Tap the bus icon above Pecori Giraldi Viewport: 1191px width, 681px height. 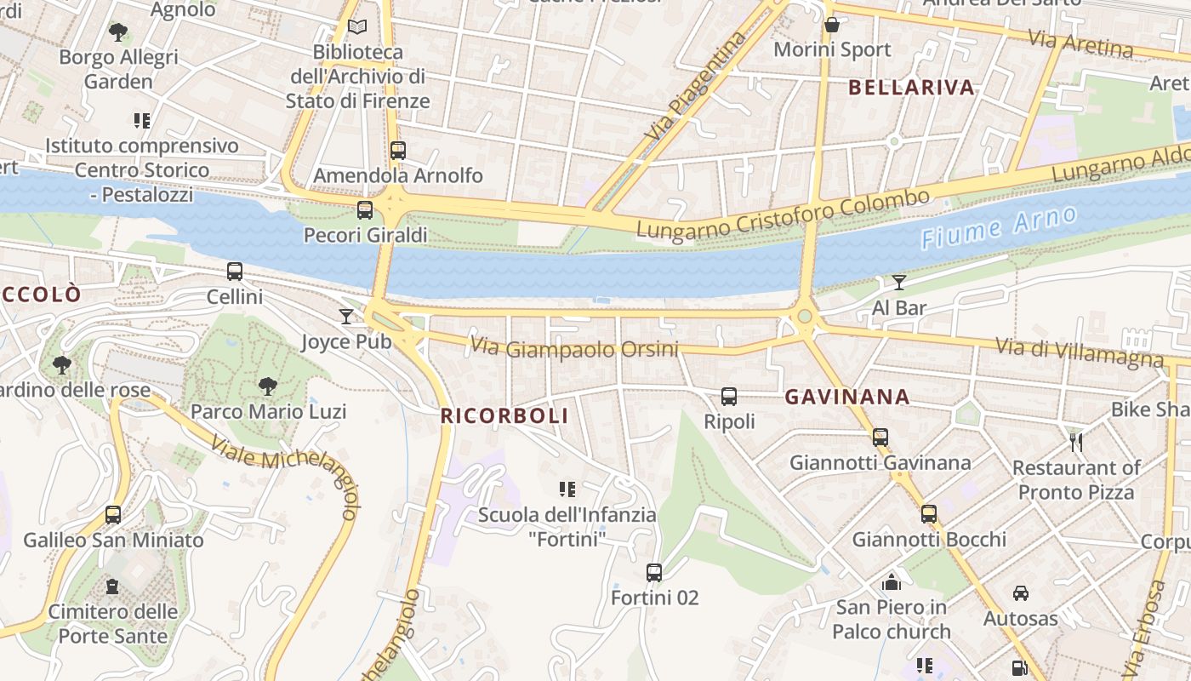tap(365, 209)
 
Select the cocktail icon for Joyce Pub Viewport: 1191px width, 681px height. tap(345, 317)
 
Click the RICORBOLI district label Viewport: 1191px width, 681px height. tap(504, 416)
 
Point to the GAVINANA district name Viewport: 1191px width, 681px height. tap(847, 397)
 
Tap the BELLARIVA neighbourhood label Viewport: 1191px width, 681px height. tap(911, 87)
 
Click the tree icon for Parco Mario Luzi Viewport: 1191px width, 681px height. tap(268, 386)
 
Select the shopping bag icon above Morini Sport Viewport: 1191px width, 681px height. tap(831, 25)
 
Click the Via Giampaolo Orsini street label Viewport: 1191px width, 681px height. tap(574, 348)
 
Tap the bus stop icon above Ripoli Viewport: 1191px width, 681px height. tap(729, 396)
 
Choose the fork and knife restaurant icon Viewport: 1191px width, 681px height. tap(1076, 442)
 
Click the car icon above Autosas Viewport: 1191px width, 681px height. tap(1020, 593)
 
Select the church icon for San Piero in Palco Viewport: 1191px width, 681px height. tap(892, 582)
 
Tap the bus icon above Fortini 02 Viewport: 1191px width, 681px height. tap(653, 573)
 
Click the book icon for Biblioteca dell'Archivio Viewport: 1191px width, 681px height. tap(357, 27)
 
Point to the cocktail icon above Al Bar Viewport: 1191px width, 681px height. tap(899, 283)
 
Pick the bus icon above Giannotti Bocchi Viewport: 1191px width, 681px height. tap(929, 514)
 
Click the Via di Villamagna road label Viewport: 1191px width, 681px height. tap(1079, 352)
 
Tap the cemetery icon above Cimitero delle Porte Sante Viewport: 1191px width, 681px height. tap(112, 587)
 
